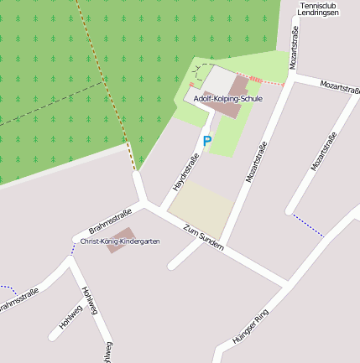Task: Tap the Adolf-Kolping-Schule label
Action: (227, 99)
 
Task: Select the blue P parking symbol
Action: (206, 142)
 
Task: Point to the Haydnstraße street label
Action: (185, 171)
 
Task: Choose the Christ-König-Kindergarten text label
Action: (119, 241)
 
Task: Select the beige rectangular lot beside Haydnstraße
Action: (201, 209)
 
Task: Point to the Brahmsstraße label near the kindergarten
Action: (110, 221)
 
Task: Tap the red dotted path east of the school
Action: (267, 81)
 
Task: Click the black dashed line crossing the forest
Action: (50, 104)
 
